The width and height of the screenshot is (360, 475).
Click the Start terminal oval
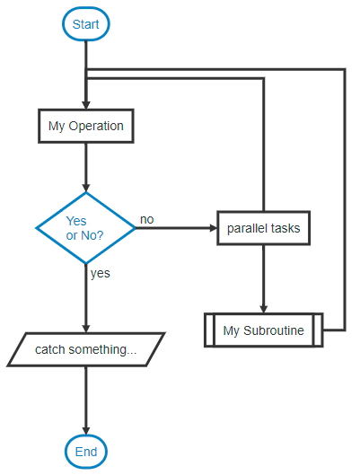tap(85, 24)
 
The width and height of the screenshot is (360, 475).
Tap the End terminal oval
tap(85, 452)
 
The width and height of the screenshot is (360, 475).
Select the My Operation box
tap(85, 127)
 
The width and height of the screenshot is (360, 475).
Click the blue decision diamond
tap(85, 228)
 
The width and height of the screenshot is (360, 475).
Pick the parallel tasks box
tap(263, 228)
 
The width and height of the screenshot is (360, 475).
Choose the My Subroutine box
tap(263, 330)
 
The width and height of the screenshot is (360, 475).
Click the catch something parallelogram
tap(85, 349)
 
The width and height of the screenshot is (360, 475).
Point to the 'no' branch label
tap(146, 219)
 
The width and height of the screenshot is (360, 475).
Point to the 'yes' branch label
tap(100, 273)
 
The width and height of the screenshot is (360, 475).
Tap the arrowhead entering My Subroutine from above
tap(263, 308)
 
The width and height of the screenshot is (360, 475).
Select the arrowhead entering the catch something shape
tap(85, 328)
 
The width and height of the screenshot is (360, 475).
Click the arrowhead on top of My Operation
tap(85, 105)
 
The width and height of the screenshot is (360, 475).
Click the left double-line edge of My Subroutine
tap(209, 330)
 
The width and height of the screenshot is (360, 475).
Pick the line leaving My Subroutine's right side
tap(333, 330)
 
